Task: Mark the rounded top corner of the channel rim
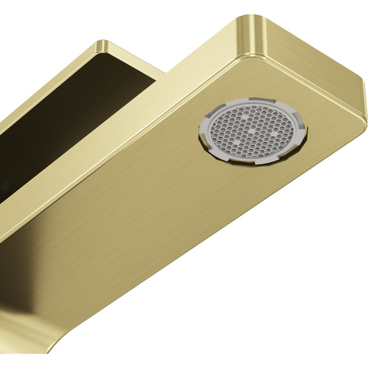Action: pyautogui.click(x=103, y=44)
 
